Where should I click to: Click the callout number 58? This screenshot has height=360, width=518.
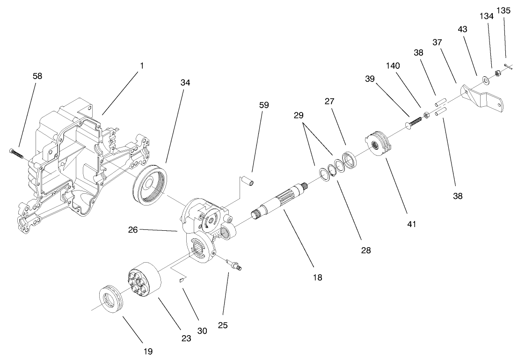[37, 76]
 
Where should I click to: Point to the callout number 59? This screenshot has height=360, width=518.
[264, 105]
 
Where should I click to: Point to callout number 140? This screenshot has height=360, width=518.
[393, 66]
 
